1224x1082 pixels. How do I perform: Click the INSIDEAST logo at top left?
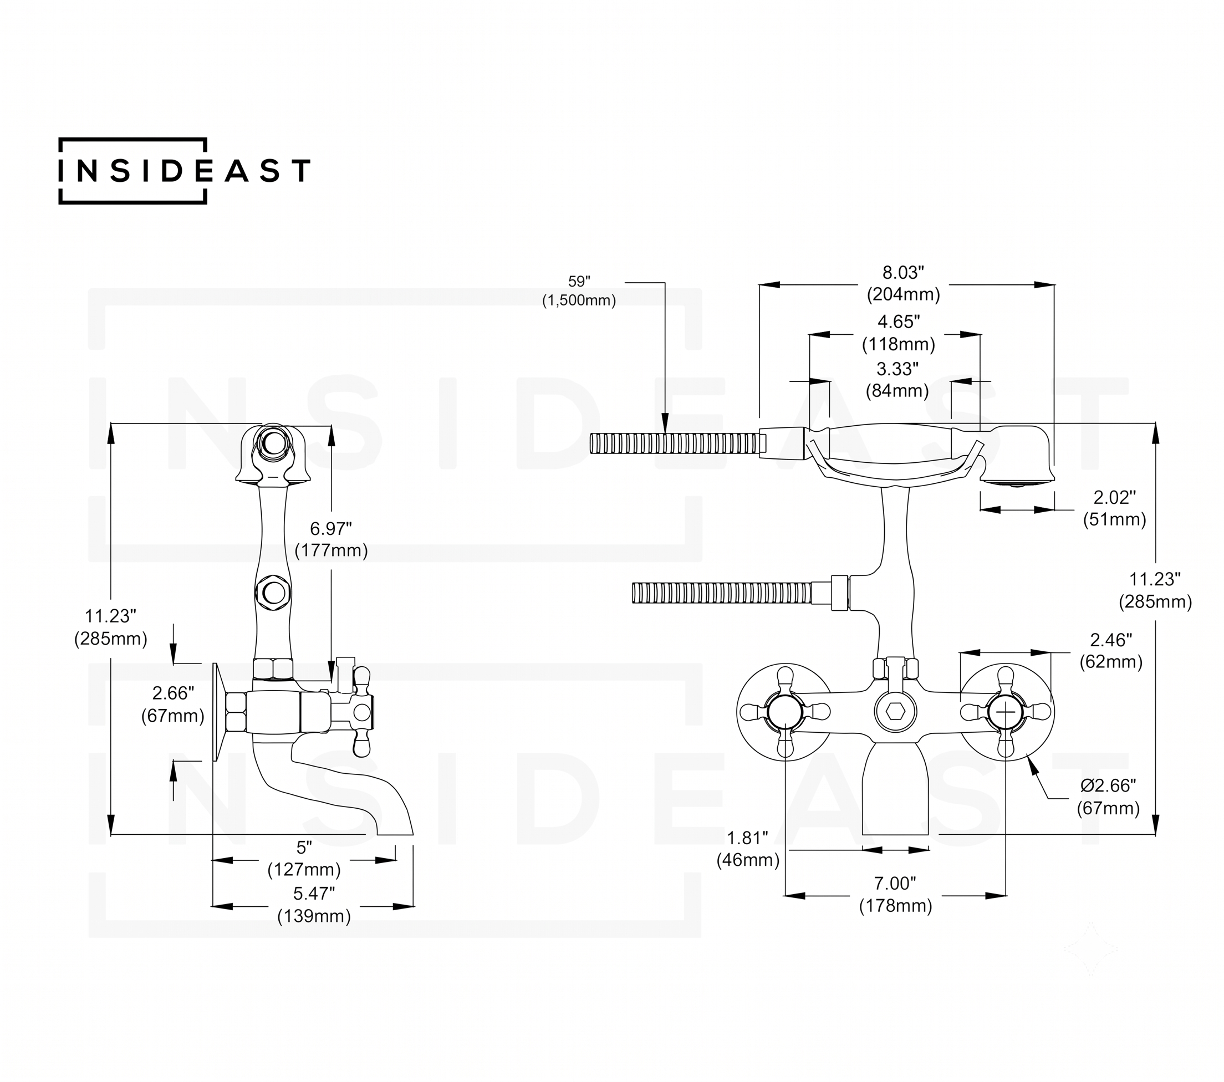coord(185,171)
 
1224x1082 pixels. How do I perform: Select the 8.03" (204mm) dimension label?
coord(904,283)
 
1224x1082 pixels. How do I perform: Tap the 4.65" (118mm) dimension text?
coord(898,333)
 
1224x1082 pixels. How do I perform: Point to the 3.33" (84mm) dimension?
coord(897,380)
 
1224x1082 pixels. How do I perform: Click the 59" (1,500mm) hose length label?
coord(579,291)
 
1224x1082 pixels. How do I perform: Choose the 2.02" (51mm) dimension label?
coord(1114,508)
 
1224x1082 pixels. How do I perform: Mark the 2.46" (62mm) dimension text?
coord(1111,650)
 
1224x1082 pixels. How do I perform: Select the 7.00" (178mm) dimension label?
coord(896,895)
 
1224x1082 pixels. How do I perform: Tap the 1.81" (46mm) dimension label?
coord(748,849)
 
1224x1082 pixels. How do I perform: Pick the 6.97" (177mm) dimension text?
coord(331,539)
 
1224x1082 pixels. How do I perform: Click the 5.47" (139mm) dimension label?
coord(314,905)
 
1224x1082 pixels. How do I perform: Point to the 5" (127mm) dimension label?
coord(304,858)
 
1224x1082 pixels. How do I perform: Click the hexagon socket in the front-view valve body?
coord(895,712)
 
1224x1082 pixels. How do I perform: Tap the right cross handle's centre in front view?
coord(1006,712)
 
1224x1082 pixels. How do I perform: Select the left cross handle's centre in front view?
coord(784,712)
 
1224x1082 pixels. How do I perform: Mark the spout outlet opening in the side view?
coord(395,834)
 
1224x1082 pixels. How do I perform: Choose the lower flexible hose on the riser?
coord(722,592)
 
